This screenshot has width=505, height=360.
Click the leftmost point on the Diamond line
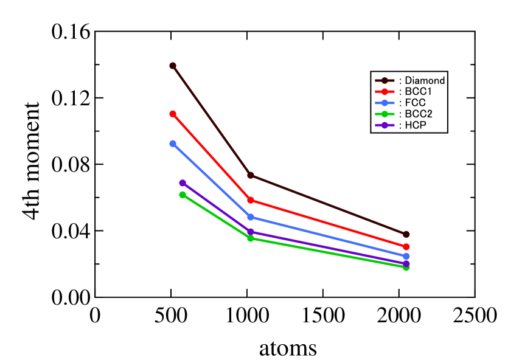173,66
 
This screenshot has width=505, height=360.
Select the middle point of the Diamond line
251,175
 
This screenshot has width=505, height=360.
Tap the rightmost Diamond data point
406,234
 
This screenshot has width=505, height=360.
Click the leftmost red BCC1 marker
173,114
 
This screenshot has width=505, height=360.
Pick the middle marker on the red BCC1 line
251,200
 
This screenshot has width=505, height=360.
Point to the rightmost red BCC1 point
406,246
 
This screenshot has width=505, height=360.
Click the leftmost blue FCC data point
173,144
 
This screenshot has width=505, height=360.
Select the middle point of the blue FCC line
251,217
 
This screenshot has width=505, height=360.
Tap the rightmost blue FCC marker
406,256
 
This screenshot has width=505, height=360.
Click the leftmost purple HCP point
183,183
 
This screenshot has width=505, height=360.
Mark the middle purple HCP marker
251,232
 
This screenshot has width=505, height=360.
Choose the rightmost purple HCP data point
406,263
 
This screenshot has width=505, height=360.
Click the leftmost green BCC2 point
183,195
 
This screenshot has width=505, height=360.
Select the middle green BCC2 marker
251,238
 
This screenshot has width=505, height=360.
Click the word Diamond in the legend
425,80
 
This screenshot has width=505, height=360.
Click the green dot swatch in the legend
385,114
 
